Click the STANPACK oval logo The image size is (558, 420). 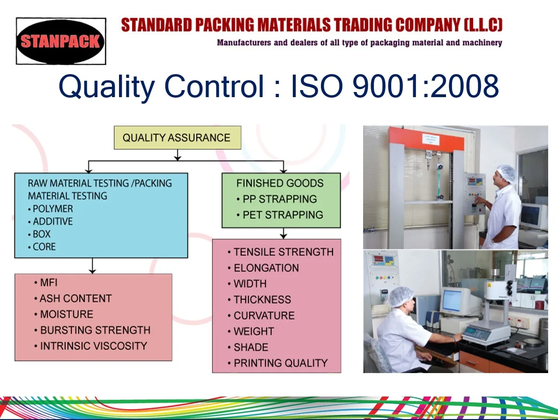(x=61, y=41)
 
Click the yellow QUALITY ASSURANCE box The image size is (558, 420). (x=177, y=137)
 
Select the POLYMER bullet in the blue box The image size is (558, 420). (x=51, y=208)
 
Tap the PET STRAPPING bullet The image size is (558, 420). (x=280, y=214)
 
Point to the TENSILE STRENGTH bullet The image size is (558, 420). (x=281, y=252)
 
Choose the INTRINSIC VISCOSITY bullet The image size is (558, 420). (x=90, y=346)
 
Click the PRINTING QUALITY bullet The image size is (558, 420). (x=277, y=363)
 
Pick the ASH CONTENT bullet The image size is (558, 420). (x=73, y=298)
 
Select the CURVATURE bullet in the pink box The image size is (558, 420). (x=261, y=315)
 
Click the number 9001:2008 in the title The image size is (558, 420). (x=425, y=86)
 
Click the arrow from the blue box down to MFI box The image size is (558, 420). (x=92, y=266)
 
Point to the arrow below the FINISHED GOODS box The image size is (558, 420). (x=283, y=233)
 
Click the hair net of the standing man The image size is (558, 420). (x=506, y=173)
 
